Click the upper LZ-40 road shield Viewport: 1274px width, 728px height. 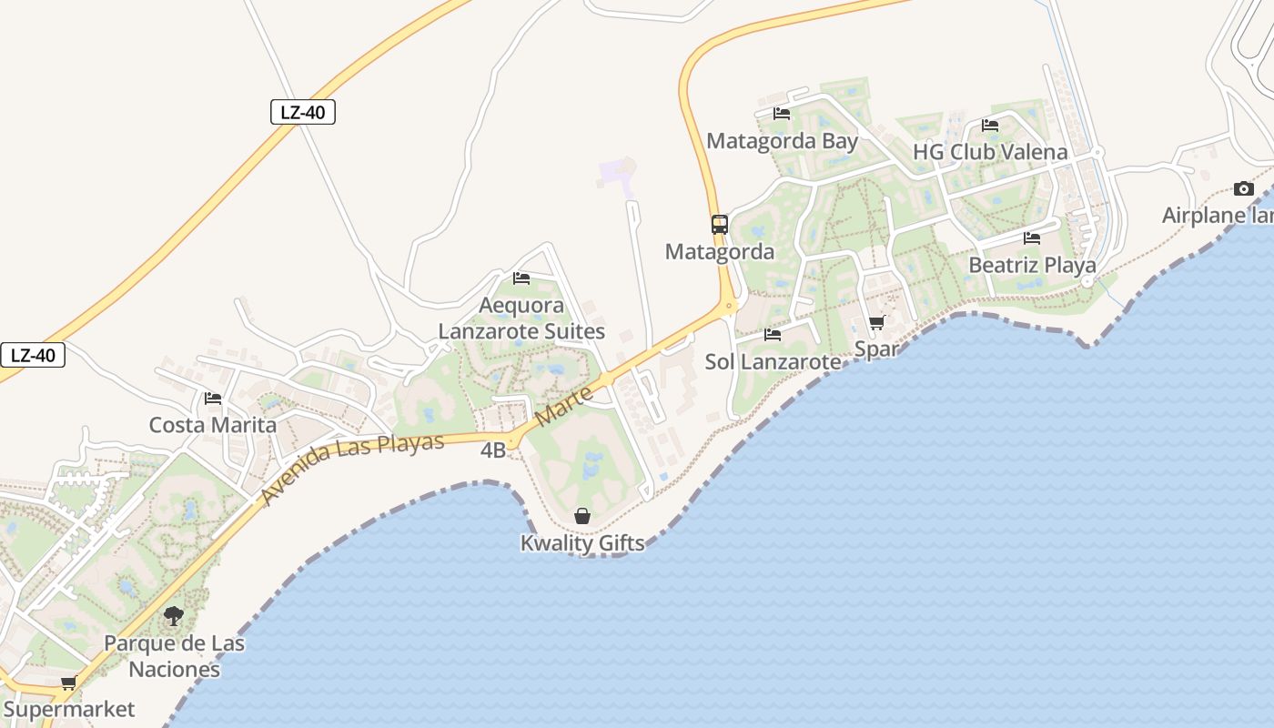tap(303, 113)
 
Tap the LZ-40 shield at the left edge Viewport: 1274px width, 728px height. tap(33, 355)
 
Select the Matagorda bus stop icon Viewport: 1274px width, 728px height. tap(719, 224)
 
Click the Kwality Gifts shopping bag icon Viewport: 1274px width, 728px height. tap(582, 517)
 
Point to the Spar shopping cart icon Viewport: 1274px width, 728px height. tap(876, 323)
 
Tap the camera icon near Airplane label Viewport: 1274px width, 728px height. tap(1243, 189)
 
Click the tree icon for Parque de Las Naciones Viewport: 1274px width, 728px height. tap(173, 616)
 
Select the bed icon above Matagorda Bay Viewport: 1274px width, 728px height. tap(781, 114)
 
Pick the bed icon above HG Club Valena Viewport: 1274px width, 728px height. tap(990, 126)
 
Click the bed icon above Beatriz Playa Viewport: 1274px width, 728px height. tap(1031, 238)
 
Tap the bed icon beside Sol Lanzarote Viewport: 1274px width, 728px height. tap(773, 335)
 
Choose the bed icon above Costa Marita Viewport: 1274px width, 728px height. tap(213, 399)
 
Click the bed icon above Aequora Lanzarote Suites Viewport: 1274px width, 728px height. tap(521, 278)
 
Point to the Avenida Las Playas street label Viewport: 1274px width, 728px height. tap(352, 469)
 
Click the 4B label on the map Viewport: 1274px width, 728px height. tap(492, 450)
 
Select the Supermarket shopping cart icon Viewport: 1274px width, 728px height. tap(68, 683)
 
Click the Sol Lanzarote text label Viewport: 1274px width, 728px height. tap(773, 362)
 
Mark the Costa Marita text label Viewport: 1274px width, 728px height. tap(212, 425)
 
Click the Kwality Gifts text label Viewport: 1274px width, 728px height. tap(582, 543)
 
